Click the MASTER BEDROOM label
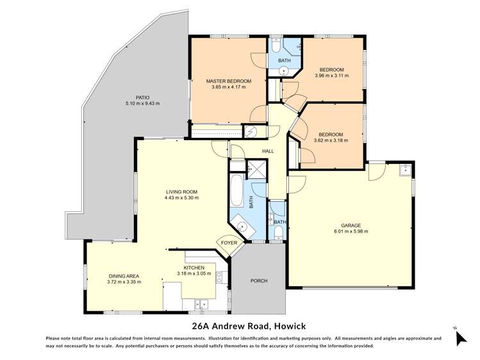pyautogui.click(x=228, y=81)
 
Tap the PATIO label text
pyautogui.click(x=133, y=97)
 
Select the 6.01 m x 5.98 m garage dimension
pyautogui.click(x=351, y=232)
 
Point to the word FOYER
pyautogui.click(x=229, y=243)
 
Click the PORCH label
pyautogui.click(x=258, y=281)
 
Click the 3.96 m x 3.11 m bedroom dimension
pyautogui.click(x=332, y=76)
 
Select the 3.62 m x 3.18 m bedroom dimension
pyautogui.click(x=332, y=141)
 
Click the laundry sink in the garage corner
pyautogui.click(x=404, y=170)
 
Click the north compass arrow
pyautogui.click(x=459, y=338)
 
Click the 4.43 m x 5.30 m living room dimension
pyautogui.click(x=182, y=198)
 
